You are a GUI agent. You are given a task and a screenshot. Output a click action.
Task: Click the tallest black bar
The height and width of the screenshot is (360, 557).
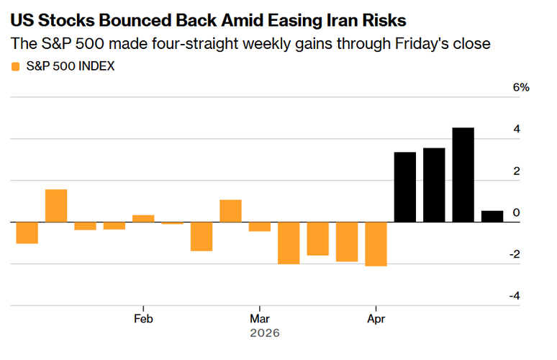click(463, 175)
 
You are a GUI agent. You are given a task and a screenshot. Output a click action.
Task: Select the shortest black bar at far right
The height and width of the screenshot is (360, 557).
click(492, 216)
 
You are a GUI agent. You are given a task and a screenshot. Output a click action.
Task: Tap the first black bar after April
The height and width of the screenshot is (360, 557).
click(405, 187)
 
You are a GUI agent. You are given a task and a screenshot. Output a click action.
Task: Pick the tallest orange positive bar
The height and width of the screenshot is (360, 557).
click(56, 206)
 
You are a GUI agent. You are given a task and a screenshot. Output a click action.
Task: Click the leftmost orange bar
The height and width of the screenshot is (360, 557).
click(27, 233)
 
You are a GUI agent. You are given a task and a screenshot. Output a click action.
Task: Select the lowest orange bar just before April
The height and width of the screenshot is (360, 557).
click(376, 244)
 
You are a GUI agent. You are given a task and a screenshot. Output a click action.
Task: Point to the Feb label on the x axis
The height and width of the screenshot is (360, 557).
click(143, 318)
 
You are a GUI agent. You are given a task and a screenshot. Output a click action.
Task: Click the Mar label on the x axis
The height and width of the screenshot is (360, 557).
click(259, 318)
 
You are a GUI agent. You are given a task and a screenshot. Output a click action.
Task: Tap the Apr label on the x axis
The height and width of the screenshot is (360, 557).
click(376, 318)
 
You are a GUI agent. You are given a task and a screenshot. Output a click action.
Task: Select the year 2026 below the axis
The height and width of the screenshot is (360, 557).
click(264, 333)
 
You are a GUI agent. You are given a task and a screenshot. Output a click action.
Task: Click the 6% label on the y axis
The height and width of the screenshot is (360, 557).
click(521, 87)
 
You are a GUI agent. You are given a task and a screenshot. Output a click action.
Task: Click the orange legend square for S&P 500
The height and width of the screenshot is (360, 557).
click(15, 67)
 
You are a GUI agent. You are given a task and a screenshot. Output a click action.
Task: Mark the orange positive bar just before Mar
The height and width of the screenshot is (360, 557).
click(230, 211)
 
